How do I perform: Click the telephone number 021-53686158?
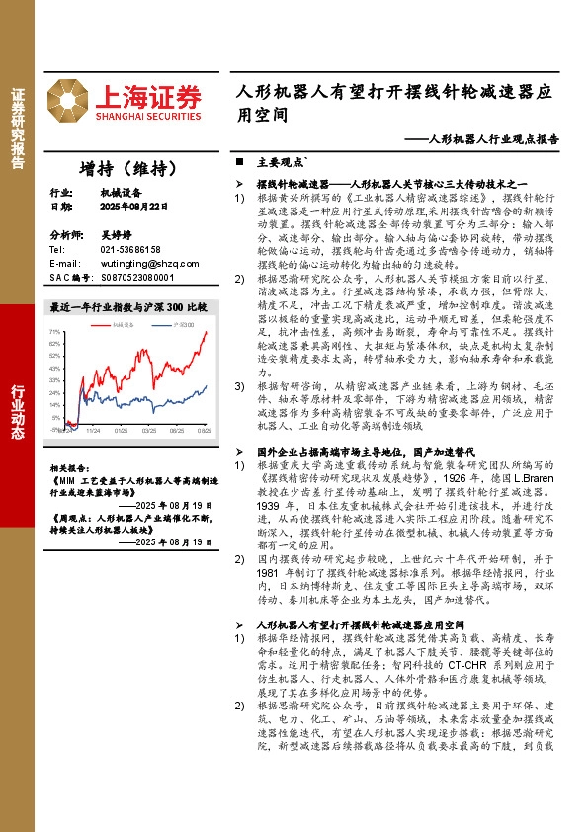point(130,250)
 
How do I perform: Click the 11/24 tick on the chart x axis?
point(93,431)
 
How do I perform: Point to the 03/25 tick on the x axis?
point(149,431)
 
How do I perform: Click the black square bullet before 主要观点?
point(238,160)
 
